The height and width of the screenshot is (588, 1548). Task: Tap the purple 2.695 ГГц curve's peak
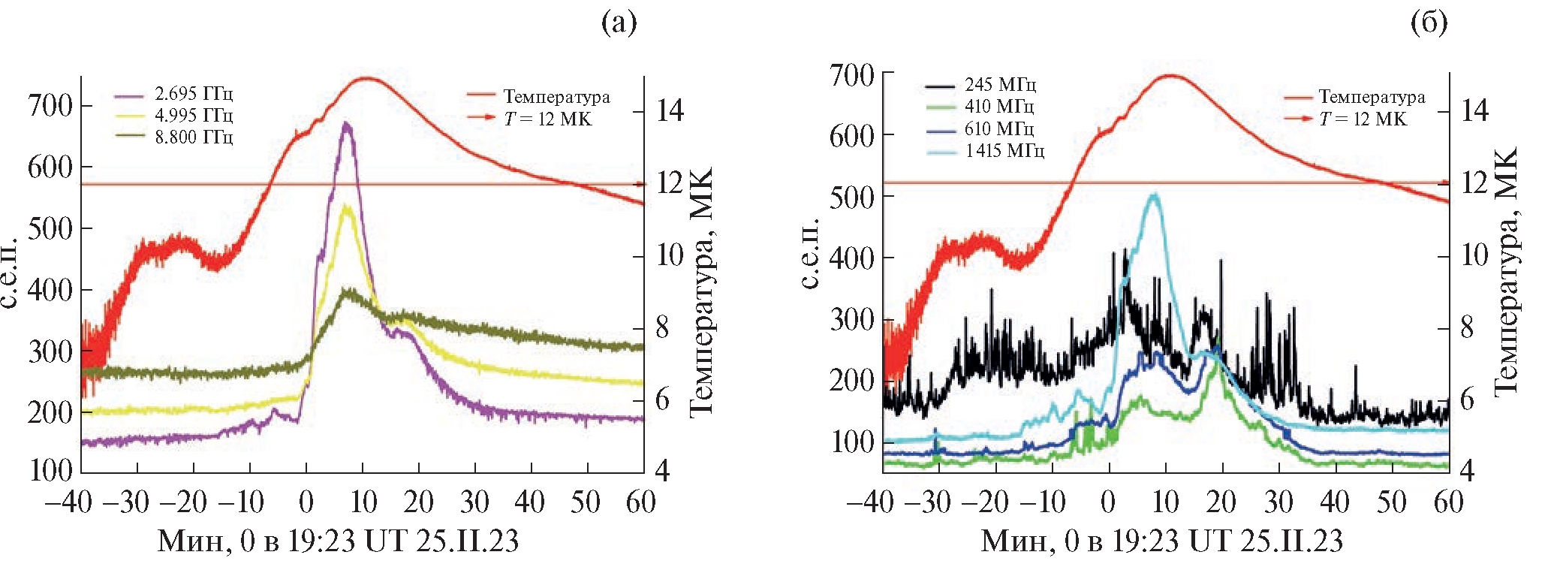pyautogui.click(x=345, y=123)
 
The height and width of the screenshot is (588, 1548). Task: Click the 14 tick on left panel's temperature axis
pyautogui.click(x=670, y=111)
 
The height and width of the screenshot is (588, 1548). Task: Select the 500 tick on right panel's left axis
pyautogui.click(x=851, y=197)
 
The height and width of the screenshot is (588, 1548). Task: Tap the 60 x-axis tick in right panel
pyautogui.click(x=1448, y=502)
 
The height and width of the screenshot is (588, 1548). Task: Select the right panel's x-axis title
pyautogui.click(x=1161, y=541)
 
